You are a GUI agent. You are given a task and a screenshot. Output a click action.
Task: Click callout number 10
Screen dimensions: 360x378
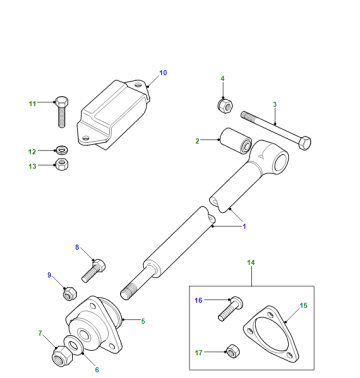coord(163,73)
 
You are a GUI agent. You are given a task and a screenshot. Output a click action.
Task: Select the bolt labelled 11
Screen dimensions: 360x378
coord(62,112)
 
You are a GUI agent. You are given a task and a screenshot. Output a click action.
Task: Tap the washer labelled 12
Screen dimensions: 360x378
coord(62,150)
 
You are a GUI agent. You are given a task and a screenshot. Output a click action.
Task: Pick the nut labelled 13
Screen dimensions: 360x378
coord(62,164)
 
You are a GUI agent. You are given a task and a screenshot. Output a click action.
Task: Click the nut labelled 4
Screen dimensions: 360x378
coord(225,105)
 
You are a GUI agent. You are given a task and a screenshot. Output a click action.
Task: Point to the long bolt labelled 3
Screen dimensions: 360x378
coord(276,130)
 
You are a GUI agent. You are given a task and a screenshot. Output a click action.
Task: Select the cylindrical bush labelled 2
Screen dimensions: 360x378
coord(235,140)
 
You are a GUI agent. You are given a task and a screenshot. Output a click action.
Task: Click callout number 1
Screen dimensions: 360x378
coord(244,227)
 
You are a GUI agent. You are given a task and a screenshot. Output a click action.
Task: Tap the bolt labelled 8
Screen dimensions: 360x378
coord(94,271)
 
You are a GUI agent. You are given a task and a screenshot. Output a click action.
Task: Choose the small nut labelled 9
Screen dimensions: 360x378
coord(70,293)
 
